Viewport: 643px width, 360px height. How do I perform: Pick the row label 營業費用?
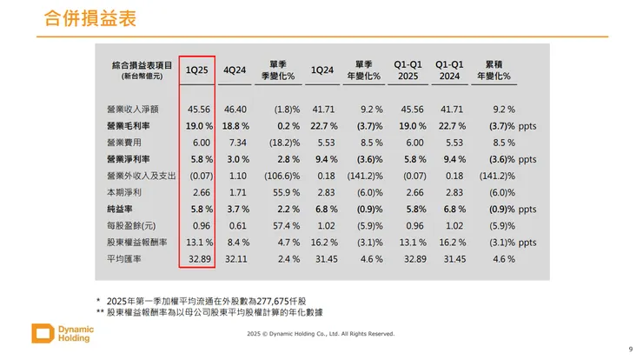(123, 142)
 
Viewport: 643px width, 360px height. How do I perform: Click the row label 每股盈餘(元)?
(130, 226)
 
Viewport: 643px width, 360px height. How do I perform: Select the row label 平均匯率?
(123, 259)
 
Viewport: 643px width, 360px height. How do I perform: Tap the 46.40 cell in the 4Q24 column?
(236, 110)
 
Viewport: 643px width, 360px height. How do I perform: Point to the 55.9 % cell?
(281, 192)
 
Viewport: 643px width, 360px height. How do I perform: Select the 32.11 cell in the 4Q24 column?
(236, 259)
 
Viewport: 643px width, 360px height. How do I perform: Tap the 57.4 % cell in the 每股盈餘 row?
(281, 226)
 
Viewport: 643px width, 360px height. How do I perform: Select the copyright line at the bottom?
(321, 334)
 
